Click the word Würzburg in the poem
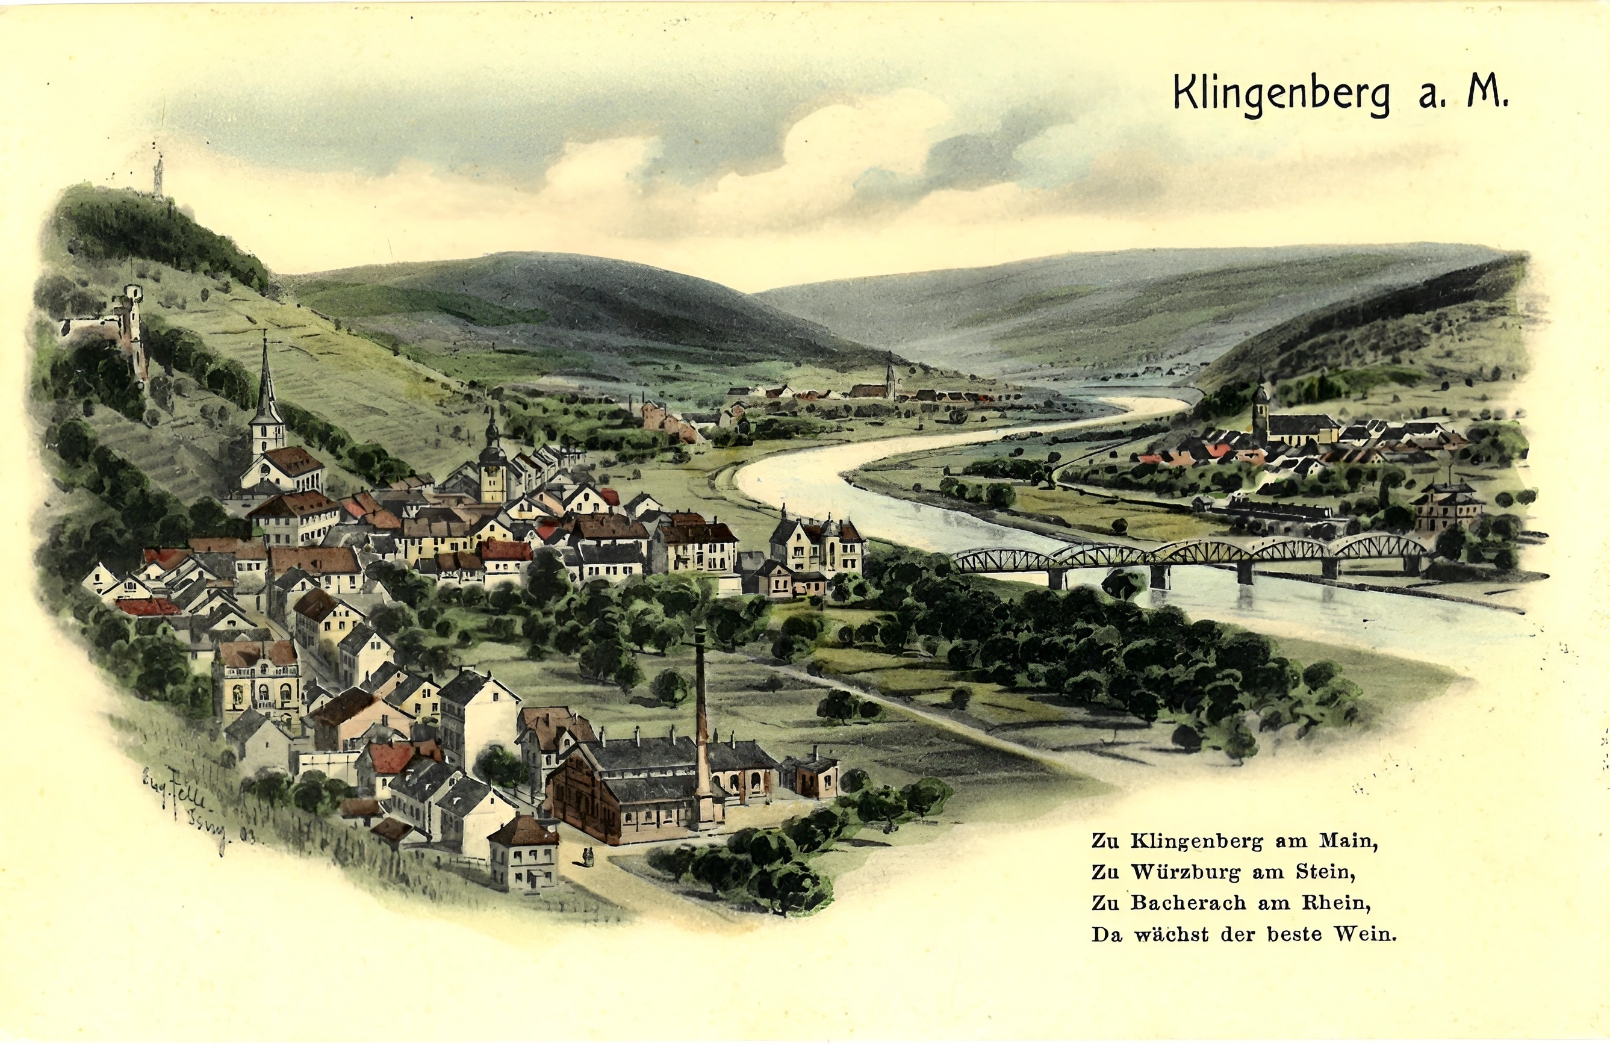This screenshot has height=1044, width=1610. pos(1187,873)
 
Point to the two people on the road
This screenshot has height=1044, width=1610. pos(587,857)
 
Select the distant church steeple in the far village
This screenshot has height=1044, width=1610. pos(890,381)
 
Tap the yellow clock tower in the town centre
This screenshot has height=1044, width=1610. pos(493,467)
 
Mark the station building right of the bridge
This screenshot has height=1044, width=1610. pos(1446,508)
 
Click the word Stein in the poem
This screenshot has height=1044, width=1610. pos(1325,873)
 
